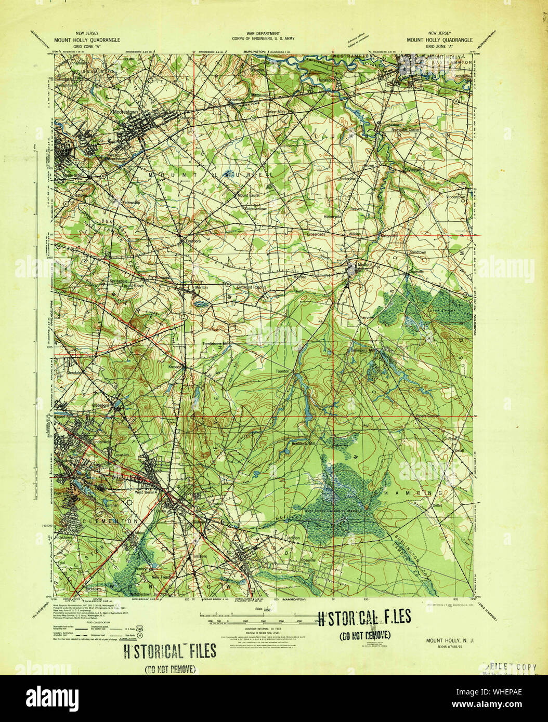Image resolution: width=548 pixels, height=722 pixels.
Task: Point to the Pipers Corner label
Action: click(x=427, y=416)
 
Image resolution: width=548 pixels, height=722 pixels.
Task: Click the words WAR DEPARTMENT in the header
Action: click(x=264, y=33)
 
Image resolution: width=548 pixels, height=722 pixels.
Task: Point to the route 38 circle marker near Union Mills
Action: click(x=253, y=118)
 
